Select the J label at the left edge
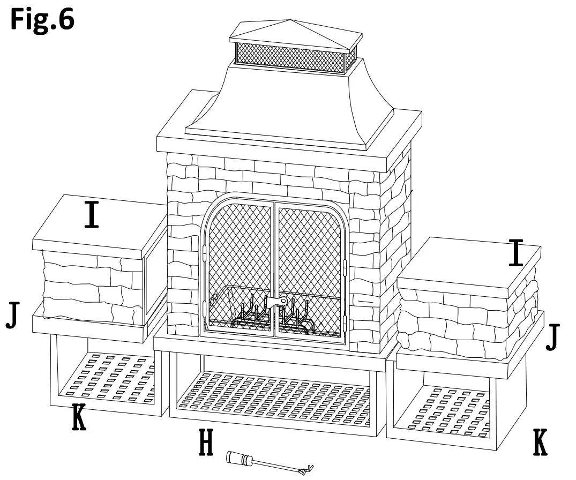(x=13, y=316)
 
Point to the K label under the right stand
(x=541, y=441)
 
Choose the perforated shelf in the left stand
(x=107, y=375)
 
